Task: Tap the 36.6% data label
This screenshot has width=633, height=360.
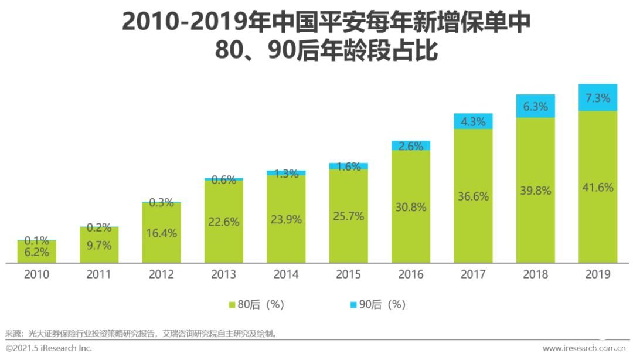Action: [473, 196]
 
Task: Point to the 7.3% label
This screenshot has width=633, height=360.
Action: [598, 98]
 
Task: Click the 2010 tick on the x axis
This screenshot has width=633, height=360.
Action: [36, 274]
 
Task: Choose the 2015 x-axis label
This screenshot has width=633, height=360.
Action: [348, 274]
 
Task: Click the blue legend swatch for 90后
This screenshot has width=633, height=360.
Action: [353, 305]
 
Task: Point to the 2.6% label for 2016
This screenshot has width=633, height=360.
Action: [411, 146]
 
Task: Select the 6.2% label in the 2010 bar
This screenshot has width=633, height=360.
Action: [36, 253]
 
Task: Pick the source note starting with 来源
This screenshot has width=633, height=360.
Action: [141, 334]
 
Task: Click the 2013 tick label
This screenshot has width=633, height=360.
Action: [223, 274]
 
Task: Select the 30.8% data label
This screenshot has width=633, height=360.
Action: [411, 206]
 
